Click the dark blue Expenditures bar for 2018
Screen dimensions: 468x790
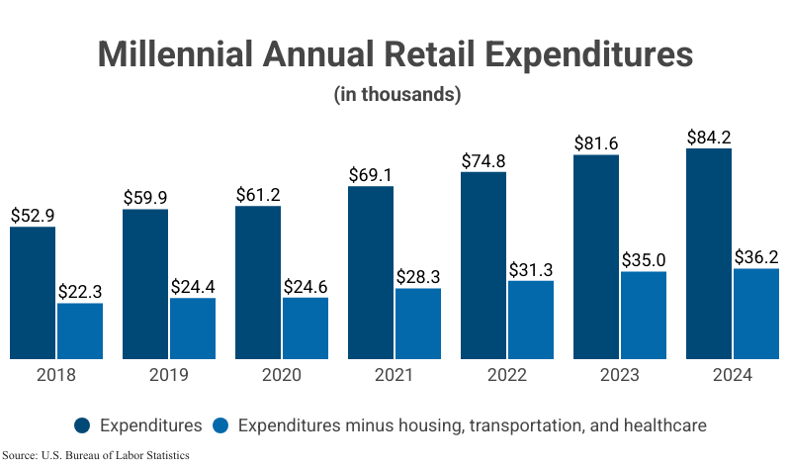tap(33, 292)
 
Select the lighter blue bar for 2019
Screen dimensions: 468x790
tap(192, 328)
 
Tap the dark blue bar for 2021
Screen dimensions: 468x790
tap(371, 272)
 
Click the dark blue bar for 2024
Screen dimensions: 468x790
tap(709, 253)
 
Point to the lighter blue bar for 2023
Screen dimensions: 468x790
tap(644, 314)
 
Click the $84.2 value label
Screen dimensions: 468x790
tap(709, 137)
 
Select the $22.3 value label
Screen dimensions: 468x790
tap(80, 291)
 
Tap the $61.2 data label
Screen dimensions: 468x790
tap(258, 194)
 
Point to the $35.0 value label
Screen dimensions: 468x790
tap(644, 259)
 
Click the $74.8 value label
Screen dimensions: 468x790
tap(483, 160)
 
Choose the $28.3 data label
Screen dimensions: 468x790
tap(418, 276)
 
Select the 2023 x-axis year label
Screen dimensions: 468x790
tap(619, 376)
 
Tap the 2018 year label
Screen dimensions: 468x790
tap(55, 376)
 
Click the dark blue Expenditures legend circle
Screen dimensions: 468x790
tap(83, 425)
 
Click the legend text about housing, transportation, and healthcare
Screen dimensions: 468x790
tap(473, 425)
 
